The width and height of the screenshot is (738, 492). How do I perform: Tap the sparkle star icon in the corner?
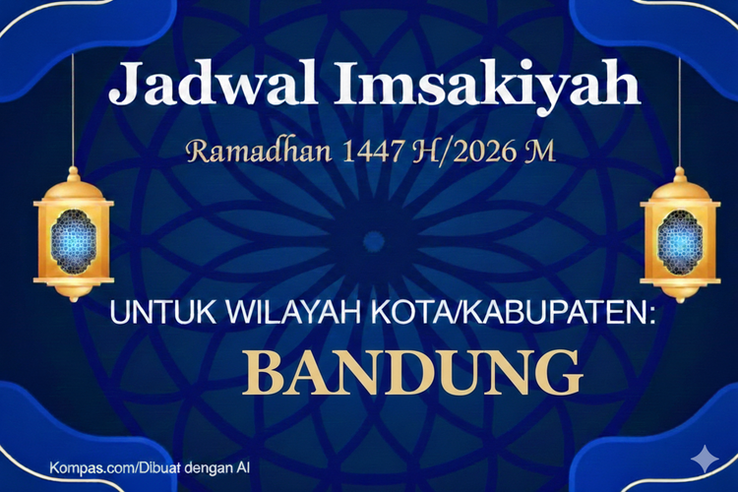[x=703, y=459]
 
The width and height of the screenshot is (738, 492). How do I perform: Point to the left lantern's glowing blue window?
[x=73, y=237]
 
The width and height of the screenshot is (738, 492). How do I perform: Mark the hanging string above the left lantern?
[x=73, y=108]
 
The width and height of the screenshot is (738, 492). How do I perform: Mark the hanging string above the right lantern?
[x=680, y=108]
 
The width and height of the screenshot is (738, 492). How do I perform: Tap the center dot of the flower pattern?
[x=372, y=240]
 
